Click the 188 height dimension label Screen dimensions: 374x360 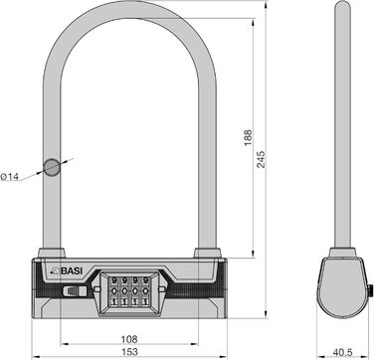[248, 137]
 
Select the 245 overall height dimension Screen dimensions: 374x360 [262, 159]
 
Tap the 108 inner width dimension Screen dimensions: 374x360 [129, 339]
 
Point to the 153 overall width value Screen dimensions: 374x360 [129, 352]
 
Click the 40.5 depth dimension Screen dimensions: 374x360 [342, 352]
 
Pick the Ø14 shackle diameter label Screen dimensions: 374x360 [9, 177]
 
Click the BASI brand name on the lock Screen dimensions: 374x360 [72, 270]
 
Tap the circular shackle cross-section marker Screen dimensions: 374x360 [52, 167]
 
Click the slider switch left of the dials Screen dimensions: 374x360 [75, 291]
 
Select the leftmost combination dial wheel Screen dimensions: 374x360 [114, 291]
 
